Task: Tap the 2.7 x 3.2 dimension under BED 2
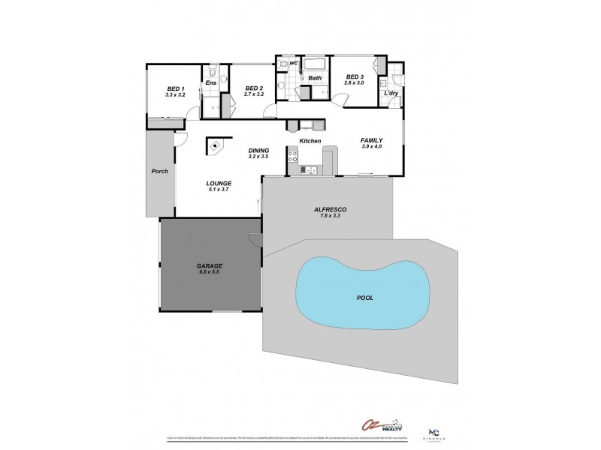click(x=254, y=95)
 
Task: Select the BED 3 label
click(x=355, y=77)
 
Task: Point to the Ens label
click(x=211, y=82)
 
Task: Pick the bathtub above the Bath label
click(x=315, y=65)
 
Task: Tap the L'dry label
click(x=391, y=93)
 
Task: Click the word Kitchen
click(x=310, y=141)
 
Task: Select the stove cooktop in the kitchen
click(x=293, y=157)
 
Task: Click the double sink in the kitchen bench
click(x=310, y=172)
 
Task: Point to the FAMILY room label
click(x=372, y=140)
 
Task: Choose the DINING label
click(x=259, y=151)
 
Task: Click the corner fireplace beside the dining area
click(x=216, y=146)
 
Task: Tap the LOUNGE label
click(x=219, y=183)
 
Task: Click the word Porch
click(x=159, y=171)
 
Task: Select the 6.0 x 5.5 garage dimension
click(x=210, y=272)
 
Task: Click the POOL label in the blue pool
click(x=364, y=297)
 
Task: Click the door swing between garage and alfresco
click(x=255, y=239)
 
